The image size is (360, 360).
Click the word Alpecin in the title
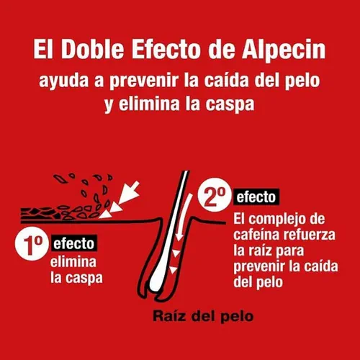(284, 50)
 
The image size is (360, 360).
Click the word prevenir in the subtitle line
(144, 81)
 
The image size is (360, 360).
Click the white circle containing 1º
(32, 243)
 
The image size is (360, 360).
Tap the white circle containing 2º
(215, 194)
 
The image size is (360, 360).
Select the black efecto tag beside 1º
(74, 243)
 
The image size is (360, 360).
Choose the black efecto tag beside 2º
(256, 197)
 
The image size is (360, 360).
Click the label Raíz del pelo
(203, 316)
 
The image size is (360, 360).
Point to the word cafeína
(256, 234)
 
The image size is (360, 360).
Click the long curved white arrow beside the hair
(184, 217)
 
